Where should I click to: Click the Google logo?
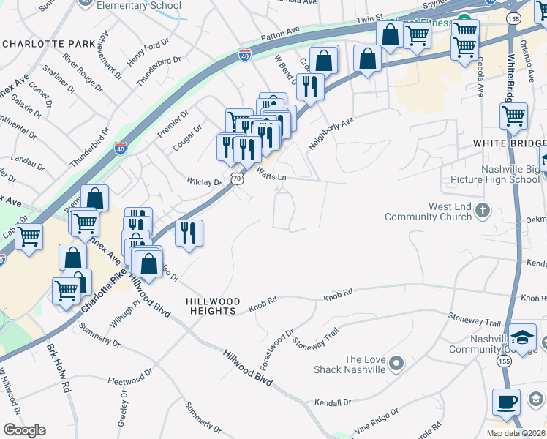pyautogui.click(x=24, y=430)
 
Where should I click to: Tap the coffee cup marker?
pyautogui.click(x=506, y=402)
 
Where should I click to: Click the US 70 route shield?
pyautogui.click(x=236, y=178)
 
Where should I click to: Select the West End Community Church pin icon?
pyautogui.click(x=482, y=211)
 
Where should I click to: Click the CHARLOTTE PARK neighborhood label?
pyautogui.click(x=49, y=44)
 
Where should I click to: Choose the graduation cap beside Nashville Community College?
pyautogui.click(x=522, y=337)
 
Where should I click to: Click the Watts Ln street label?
pyautogui.click(x=271, y=175)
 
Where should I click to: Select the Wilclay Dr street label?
pyautogui.click(x=204, y=181)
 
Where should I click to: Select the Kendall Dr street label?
pyautogui.click(x=333, y=402)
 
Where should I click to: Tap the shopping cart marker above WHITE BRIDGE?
pyautogui.click(x=514, y=115)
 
